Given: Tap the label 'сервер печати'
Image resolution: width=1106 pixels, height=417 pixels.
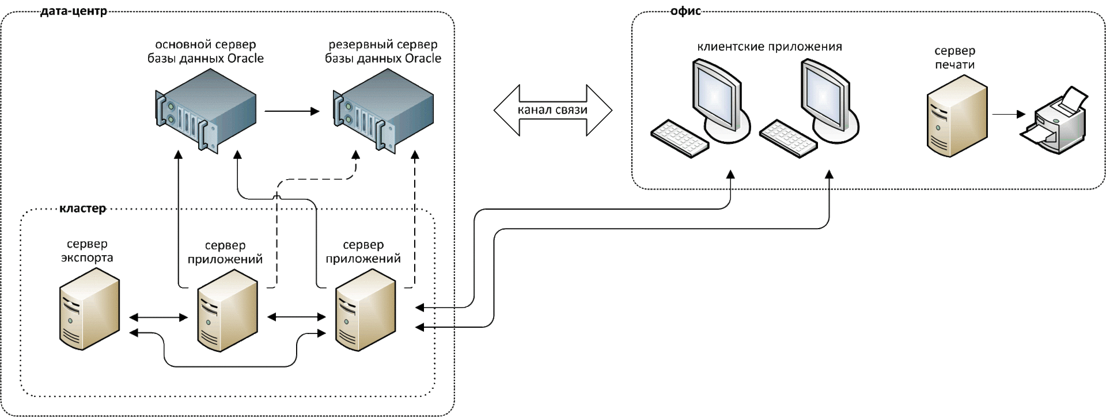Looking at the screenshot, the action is point(955,58).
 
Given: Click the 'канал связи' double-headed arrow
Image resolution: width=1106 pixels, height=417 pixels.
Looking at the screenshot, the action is point(553,110).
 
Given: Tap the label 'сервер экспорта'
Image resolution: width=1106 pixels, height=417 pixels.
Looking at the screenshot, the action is point(88,251).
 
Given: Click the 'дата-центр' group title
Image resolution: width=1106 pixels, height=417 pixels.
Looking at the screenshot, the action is point(74,11).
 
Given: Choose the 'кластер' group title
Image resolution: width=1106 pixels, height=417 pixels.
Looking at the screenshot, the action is point(83,208).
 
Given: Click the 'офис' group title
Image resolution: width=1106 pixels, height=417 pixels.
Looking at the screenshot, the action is point(685,11).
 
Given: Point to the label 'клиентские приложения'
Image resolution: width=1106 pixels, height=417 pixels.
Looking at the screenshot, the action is point(770,47).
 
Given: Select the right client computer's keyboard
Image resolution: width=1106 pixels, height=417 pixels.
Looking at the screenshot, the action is point(788,138).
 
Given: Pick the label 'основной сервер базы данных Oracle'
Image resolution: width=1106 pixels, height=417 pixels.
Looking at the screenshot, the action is point(206,51).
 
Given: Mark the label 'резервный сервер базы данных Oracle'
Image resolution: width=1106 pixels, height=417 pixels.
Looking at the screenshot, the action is point(383,51).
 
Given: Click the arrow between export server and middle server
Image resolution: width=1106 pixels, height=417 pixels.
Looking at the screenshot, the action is point(159,317).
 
